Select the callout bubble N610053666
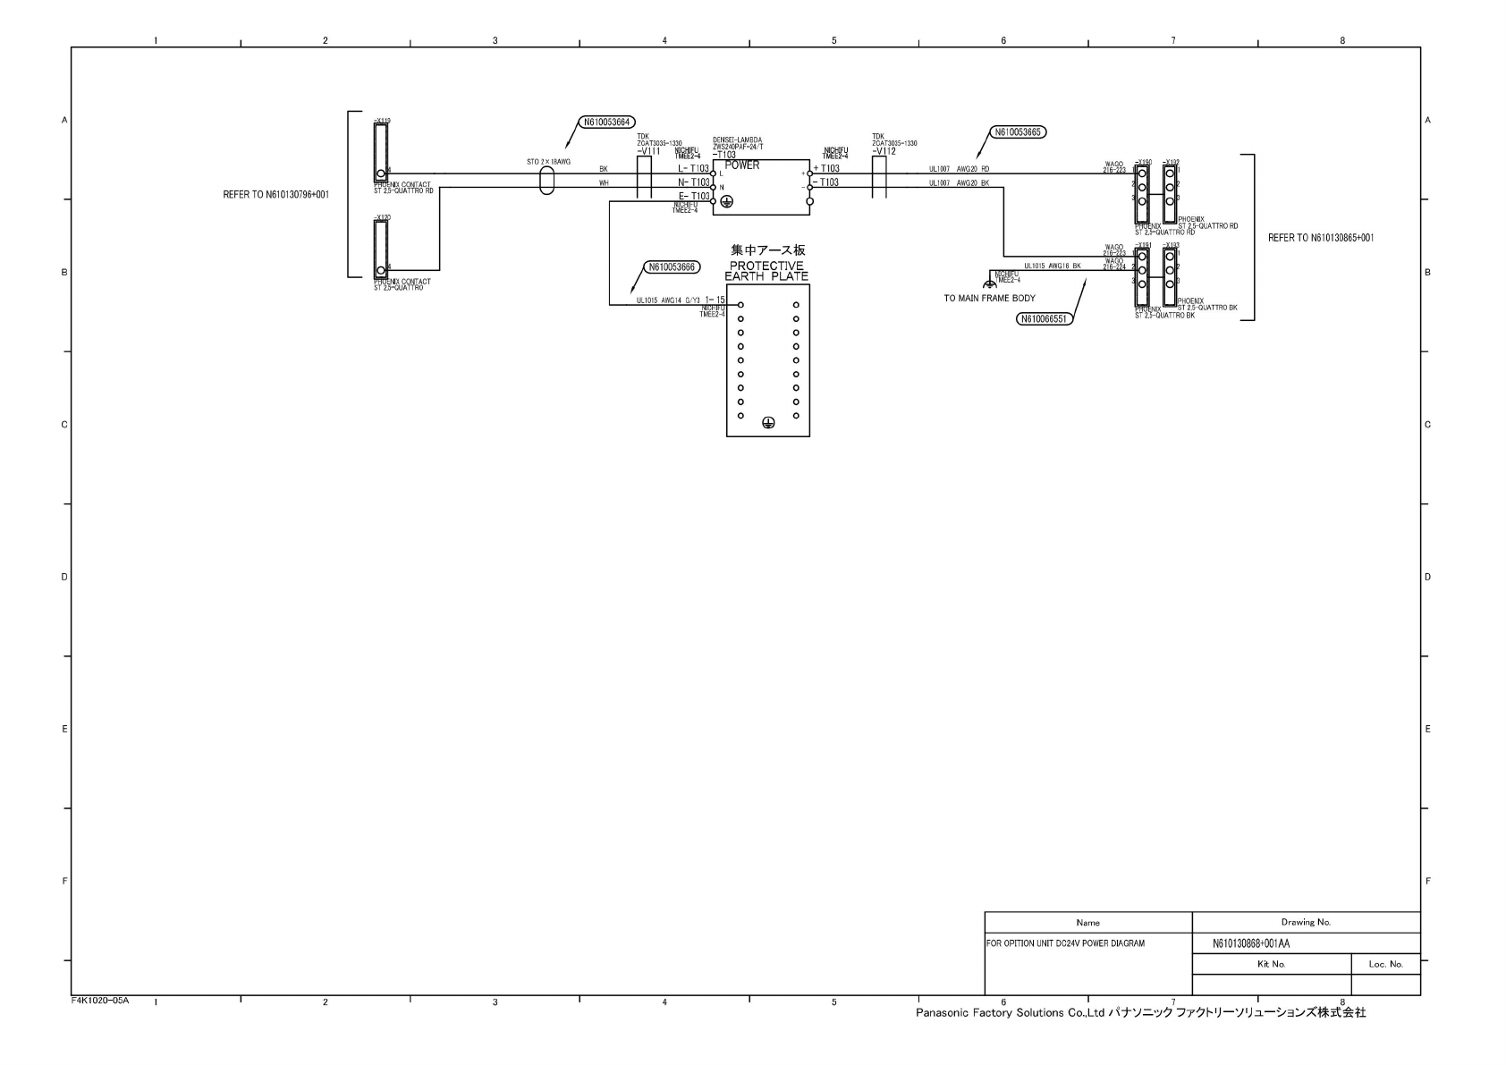click(x=673, y=266)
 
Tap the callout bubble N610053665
click(x=1019, y=132)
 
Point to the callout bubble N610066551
click(x=1044, y=318)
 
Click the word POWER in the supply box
click(x=742, y=165)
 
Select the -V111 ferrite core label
click(x=648, y=152)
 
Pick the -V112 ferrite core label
click(x=884, y=152)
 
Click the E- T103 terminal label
click(x=694, y=196)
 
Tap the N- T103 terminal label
click(x=694, y=182)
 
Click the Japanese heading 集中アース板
click(x=767, y=250)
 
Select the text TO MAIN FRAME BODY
click(x=989, y=299)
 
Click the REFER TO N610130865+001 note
click(x=1321, y=238)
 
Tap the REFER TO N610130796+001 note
click(x=276, y=194)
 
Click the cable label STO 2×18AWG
click(x=548, y=162)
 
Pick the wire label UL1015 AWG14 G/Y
click(x=667, y=300)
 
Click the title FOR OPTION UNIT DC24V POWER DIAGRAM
click(x=1065, y=943)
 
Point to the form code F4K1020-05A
click(x=100, y=1001)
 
